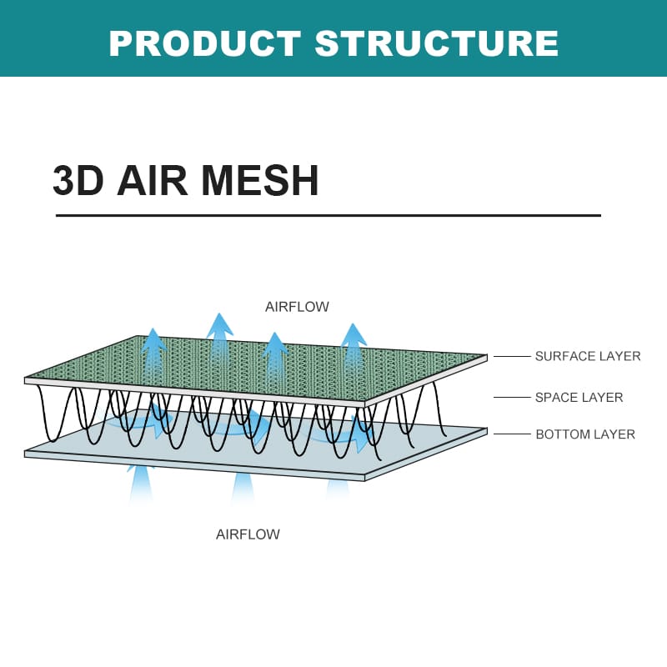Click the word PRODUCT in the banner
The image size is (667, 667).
(204, 43)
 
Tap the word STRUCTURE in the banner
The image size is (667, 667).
(437, 43)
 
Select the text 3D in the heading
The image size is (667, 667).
(78, 180)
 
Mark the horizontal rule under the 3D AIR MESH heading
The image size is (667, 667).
(328, 215)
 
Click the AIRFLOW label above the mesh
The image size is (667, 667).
(297, 307)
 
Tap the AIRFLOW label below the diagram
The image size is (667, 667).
(248, 534)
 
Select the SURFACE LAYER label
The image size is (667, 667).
(588, 356)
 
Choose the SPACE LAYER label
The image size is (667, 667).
(579, 397)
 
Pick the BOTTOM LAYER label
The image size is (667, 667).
(585, 434)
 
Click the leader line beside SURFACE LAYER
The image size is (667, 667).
(512, 356)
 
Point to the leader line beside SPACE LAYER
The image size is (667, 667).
(512, 397)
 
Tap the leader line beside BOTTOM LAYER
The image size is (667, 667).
(512, 434)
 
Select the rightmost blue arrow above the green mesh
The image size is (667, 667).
(354, 338)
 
